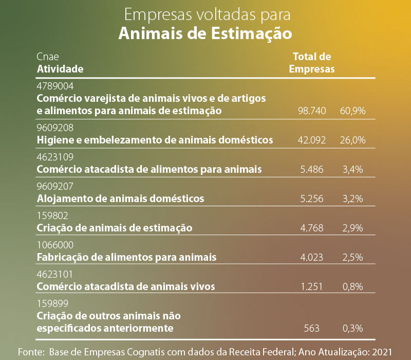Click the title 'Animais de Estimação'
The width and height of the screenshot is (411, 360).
click(x=205, y=33)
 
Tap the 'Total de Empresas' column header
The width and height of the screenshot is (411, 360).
click(x=312, y=62)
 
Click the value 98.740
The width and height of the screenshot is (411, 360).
click(x=312, y=111)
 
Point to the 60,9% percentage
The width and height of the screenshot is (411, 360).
click(x=352, y=111)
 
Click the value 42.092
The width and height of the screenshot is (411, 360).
click(x=312, y=140)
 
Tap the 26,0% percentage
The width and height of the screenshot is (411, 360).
click(x=352, y=140)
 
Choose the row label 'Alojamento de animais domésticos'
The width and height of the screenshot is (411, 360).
click(x=121, y=199)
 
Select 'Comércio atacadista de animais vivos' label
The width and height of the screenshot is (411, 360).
click(x=126, y=286)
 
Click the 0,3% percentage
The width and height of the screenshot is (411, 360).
click(x=353, y=328)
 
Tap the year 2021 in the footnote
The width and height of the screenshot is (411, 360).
click(x=383, y=352)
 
